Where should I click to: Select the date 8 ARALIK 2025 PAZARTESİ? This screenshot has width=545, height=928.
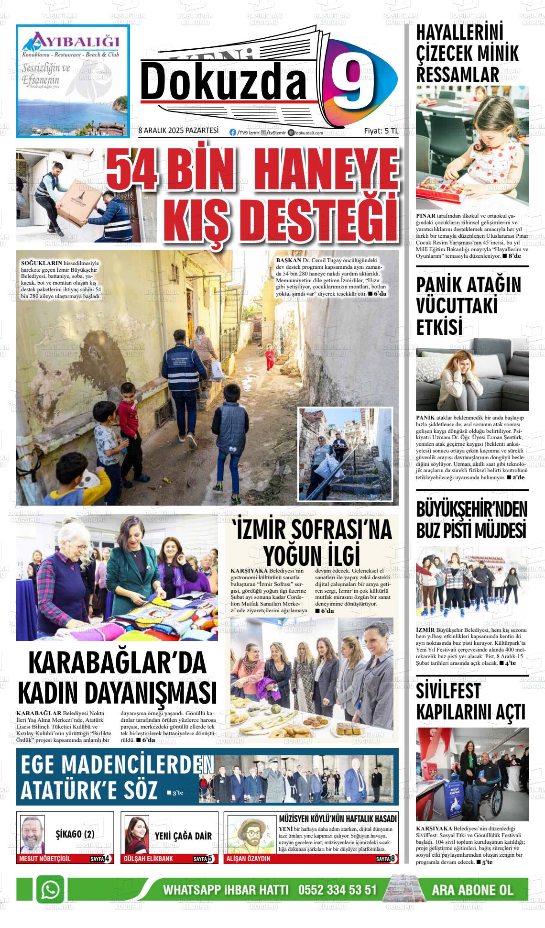pos(178,131)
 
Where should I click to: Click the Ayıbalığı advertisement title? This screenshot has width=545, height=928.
pos(72,39)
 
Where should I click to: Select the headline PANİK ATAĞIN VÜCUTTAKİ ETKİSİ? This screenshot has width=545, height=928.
pos(468,306)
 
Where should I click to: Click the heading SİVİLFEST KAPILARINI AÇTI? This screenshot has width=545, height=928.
pos(470,702)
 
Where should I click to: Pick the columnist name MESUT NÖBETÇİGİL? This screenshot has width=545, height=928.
pos(44,859)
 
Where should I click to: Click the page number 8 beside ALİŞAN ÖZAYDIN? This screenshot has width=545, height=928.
pos(392,859)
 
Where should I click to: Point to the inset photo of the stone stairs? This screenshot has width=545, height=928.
pos(345,453)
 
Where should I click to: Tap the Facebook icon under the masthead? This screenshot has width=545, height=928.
pos(233,133)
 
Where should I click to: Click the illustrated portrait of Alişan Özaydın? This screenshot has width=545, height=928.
pos(250,834)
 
